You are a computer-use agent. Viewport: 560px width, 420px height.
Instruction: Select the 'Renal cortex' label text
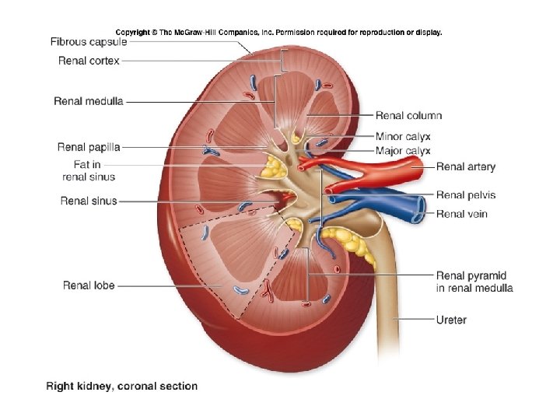click(x=89, y=61)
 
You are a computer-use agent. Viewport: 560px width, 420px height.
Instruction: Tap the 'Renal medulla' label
click(x=88, y=101)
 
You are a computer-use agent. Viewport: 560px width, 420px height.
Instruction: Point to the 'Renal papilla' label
click(x=88, y=147)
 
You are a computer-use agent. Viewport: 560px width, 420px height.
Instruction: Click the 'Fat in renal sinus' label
click(x=88, y=170)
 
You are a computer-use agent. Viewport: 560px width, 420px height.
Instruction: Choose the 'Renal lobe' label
click(x=89, y=285)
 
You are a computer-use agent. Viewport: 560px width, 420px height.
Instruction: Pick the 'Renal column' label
click(x=408, y=116)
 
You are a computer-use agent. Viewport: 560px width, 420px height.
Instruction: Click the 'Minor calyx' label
click(x=403, y=137)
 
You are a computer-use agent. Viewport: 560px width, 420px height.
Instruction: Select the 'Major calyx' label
click(x=403, y=150)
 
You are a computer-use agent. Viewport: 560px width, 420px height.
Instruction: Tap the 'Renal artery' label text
click(x=465, y=166)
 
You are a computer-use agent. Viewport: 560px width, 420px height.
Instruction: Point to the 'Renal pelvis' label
click(x=466, y=195)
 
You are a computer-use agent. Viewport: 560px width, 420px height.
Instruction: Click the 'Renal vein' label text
click(x=461, y=214)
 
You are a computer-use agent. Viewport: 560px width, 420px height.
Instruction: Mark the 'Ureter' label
click(x=451, y=320)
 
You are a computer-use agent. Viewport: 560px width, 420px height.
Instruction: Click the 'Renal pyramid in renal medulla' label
click(x=474, y=282)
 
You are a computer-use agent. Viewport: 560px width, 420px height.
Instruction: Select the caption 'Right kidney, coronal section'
click(x=122, y=386)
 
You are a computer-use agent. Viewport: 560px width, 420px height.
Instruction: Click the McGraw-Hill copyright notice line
click(x=278, y=33)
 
